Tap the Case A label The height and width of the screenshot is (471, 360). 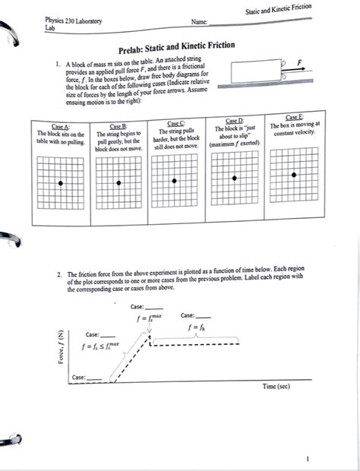[x=60, y=126]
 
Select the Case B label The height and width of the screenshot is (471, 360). [x=118, y=126]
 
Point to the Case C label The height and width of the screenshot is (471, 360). [x=175, y=123]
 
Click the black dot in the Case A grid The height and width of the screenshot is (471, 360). [x=60, y=184]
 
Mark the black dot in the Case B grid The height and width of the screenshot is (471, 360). [x=119, y=182]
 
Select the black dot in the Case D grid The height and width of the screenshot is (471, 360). [x=235, y=177]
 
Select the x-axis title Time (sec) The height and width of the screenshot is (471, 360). [x=278, y=386]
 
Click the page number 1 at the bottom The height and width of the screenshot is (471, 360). [x=308, y=459]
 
